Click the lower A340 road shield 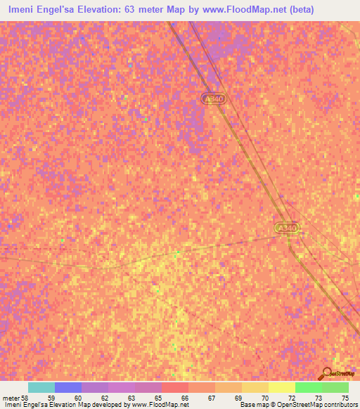(287, 228)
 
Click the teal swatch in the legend (41, 387)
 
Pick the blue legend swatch (68, 387)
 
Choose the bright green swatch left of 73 (308, 387)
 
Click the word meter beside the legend (11, 398)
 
